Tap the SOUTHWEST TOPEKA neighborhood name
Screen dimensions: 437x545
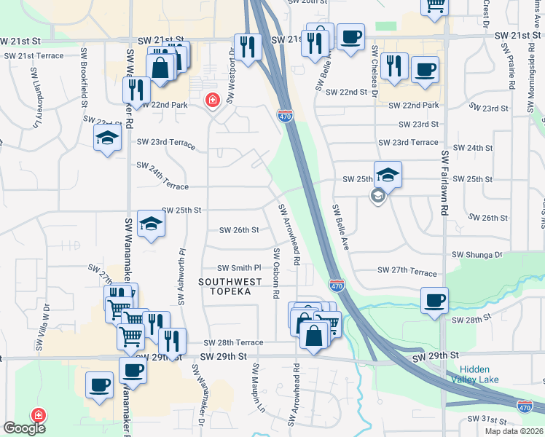coord(225,285)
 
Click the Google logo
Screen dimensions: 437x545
coord(24,428)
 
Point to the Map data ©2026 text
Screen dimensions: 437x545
coord(514,431)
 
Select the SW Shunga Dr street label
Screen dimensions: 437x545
coord(477,255)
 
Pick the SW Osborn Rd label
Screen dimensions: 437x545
coord(276,273)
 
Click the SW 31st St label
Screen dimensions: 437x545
coord(487,420)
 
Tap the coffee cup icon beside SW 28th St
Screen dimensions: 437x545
coord(434,300)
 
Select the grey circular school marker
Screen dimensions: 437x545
coord(377,195)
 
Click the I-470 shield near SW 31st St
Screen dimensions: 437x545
coord(525,406)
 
